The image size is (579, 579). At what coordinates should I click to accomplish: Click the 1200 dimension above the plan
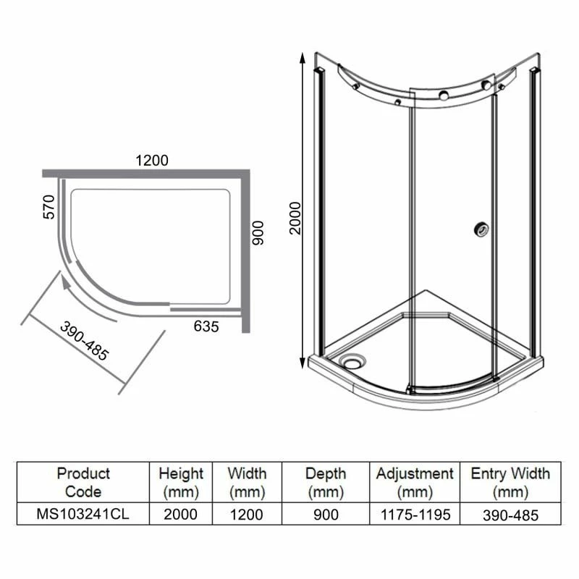[x=151, y=161]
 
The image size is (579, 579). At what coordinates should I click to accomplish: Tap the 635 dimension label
[x=206, y=326]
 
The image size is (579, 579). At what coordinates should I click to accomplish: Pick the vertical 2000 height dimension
[x=295, y=217]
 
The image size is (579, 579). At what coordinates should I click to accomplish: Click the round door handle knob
[x=479, y=229]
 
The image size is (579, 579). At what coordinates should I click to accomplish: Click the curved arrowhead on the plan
[x=68, y=285]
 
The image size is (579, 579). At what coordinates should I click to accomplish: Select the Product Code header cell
[x=83, y=483]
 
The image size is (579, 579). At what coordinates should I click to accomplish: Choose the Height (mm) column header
[x=181, y=483]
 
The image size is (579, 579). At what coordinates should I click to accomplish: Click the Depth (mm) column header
[x=325, y=483]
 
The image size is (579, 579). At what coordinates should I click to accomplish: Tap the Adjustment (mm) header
[x=415, y=483]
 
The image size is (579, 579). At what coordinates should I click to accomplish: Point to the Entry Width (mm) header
[x=510, y=483]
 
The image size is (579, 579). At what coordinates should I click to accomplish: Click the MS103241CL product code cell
[x=83, y=515]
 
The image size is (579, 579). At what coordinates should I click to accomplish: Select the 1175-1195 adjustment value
[x=415, y=515]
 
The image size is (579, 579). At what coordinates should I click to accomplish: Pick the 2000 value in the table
[x=181, y=515]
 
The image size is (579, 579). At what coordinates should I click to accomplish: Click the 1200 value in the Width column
[x=247, y=515]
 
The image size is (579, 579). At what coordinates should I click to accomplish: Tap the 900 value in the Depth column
[x=325, y=515]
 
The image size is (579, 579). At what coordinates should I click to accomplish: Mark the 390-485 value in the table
[x=510, y=515]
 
